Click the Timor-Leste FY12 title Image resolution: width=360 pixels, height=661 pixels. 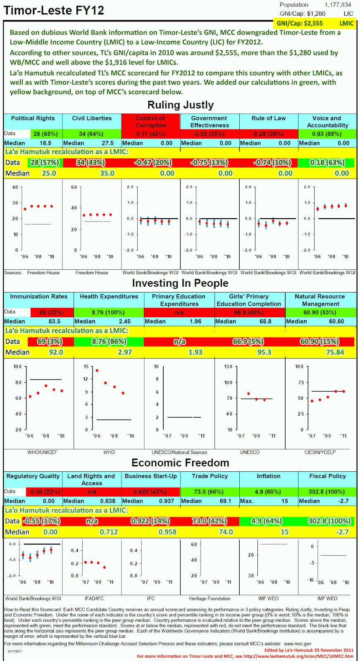[x=54, y=10]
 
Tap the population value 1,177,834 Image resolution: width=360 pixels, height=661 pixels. [x=338, y=5]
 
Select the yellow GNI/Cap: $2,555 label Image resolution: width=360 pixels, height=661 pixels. [x=300, y=24]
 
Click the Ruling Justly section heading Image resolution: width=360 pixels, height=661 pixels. [x=180, y=105]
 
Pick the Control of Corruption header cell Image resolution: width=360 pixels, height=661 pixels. [x=150, y=121]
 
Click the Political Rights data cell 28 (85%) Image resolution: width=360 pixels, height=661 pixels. [x=46, y=134]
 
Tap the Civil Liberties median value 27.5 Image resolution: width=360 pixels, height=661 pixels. [x=107, y=143]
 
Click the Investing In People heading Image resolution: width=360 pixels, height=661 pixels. [x=180, y=283]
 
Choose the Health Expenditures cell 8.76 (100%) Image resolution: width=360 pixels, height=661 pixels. [x=109, y=312]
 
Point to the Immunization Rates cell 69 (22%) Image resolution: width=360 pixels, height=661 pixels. [x=51, y=312]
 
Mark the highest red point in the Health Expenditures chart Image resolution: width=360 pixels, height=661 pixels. [x=97, y=371]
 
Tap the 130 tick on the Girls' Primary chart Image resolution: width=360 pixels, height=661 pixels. [x=228, y=367]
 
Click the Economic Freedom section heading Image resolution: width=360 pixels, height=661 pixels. [x=180, y=463]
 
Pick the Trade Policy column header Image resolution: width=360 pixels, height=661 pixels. [x=210, y=476]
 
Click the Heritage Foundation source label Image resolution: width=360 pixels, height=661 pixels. [x=210, y=599]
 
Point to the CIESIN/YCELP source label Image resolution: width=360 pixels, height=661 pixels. [x=320, y=452]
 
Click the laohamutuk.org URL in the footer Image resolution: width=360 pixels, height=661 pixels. [x=298, y=656]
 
